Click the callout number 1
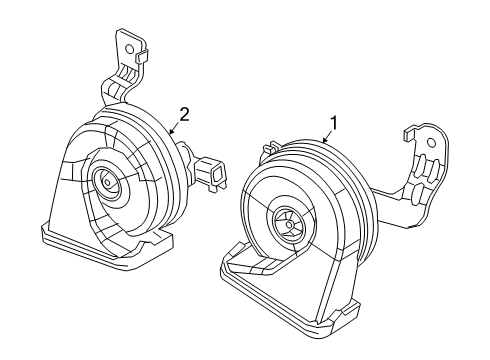[x=334, y=124]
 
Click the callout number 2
[x=182, y=113]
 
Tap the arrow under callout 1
[x=327, y=143]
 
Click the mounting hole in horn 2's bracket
[x=127, y=46]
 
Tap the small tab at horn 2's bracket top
[x=143, y=56]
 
